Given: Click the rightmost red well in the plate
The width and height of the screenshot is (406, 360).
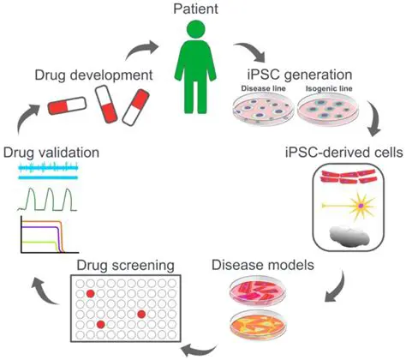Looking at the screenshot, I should (140, 315).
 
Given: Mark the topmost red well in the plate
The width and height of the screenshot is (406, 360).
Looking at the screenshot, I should (89, 294).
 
